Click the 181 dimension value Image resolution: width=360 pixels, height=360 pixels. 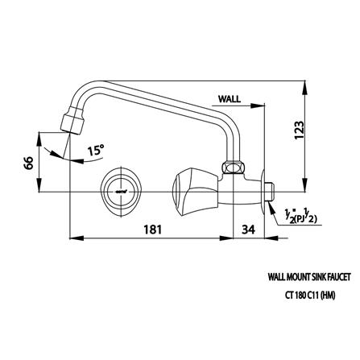[153, 230]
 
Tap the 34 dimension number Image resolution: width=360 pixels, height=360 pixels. [248, 230]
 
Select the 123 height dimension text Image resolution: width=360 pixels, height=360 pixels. [300, 130]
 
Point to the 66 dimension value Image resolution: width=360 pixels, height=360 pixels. [28, 163]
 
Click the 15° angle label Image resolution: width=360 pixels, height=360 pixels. [96, 150]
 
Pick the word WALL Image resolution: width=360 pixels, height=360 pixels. [230, 99]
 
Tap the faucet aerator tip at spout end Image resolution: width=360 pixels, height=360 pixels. [72, 120]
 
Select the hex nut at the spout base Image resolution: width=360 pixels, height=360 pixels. [233, 168]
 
